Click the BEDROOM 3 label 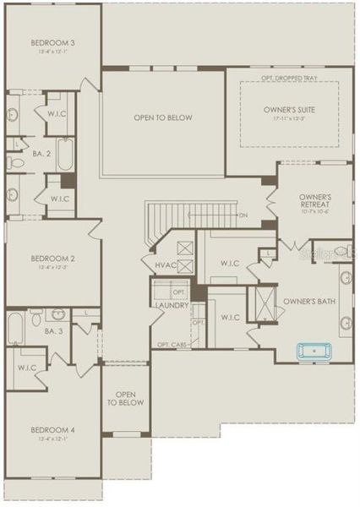point(52,42)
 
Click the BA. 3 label point(52,331)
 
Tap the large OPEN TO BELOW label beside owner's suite point(163,117)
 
